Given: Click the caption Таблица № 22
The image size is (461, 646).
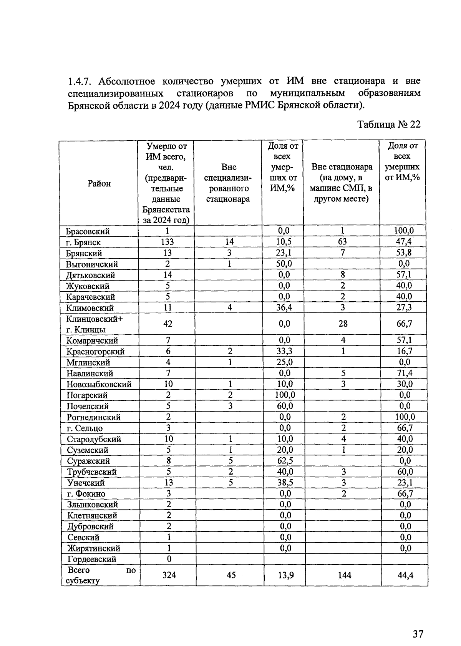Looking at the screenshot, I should (x=389, y=125).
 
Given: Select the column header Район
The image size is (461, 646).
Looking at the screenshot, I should (x=99, y=183).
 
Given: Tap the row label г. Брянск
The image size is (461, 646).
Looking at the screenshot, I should (x=83, y=242).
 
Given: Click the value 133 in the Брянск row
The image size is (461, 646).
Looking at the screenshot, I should (x=167, y=242).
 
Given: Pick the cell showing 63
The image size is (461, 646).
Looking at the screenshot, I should (x=342, y=241).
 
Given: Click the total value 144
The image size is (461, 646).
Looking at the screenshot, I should (x=344, y=575).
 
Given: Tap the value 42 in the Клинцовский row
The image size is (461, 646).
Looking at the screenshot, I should (x=168, y=324).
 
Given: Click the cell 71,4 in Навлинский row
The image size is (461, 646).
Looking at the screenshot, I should (x=405, y=373).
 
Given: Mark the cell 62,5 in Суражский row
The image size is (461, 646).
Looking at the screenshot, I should (x=285, y=460).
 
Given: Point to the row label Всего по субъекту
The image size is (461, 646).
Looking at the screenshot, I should (x=100, y=575).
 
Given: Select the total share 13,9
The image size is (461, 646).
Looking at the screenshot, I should (x=285, y=575).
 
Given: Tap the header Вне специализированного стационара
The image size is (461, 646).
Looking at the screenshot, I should (x=228, y=183).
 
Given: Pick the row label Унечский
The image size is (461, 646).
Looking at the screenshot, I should (x=85, y=483).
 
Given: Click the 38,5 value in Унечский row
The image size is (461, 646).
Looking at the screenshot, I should (x=285, y=482).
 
